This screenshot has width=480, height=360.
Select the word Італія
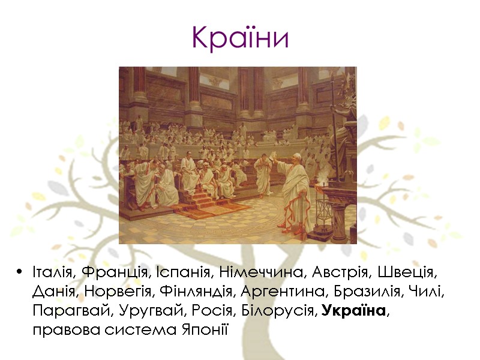[52, 274]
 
